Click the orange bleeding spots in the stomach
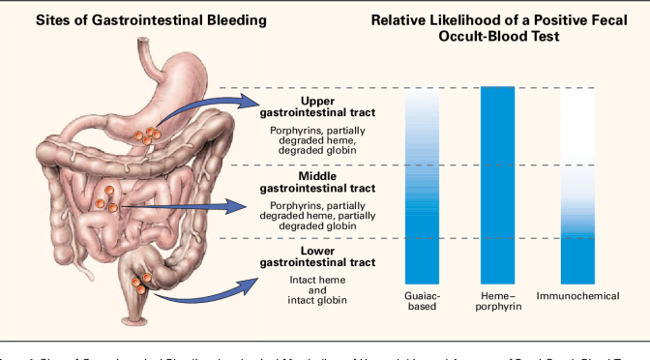tap(148, 135)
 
